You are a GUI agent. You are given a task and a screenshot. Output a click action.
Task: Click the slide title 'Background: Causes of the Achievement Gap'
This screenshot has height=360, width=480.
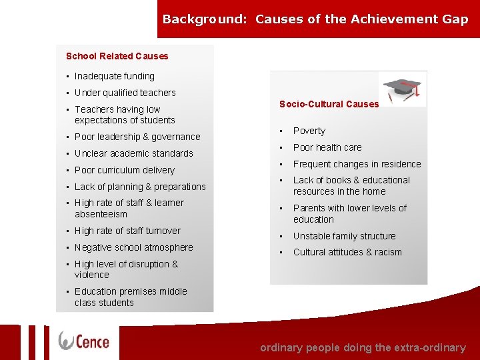coord(315,19)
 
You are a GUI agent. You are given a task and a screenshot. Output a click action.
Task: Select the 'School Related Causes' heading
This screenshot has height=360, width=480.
coord(117,56)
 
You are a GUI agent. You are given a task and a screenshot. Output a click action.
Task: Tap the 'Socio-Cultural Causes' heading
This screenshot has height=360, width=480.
coord(329,104)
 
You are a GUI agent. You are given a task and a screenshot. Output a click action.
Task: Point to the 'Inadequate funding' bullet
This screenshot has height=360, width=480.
coord(114,76)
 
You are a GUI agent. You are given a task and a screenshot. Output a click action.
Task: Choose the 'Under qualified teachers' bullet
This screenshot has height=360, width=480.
coord(125,93)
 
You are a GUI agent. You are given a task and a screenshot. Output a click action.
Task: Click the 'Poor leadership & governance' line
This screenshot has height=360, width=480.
coord(137,137)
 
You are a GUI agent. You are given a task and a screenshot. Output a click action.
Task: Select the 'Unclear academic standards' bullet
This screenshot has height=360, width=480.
coord(133,153)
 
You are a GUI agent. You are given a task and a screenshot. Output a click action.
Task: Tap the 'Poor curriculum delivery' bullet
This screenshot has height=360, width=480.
coord(124,170)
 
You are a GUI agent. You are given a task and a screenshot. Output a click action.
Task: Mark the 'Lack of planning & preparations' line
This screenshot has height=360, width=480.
coord(140,187)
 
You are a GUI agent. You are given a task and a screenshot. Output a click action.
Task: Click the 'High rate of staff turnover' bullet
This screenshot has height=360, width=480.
coord(127,231)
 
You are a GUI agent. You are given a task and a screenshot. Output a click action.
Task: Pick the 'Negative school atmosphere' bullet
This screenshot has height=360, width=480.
coord(133,247)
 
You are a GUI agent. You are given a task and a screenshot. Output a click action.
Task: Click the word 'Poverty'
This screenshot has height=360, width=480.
coord(309,131)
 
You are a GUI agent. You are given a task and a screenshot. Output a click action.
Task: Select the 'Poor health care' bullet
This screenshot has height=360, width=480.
coord(327,147)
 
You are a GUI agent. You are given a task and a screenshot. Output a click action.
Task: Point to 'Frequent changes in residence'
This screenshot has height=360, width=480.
coord(357,164)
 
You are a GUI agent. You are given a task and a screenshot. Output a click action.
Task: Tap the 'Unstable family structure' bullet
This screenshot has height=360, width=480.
coord(344,236)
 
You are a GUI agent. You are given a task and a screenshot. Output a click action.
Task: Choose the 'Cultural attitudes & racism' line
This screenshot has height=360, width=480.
coord(347,252)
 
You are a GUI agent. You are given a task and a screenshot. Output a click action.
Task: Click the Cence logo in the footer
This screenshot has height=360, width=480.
coord(84,341)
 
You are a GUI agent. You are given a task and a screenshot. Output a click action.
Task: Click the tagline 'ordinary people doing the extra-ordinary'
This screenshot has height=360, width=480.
coord(363,347)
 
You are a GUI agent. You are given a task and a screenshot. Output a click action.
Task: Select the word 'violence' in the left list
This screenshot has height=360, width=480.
coord(92,275)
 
